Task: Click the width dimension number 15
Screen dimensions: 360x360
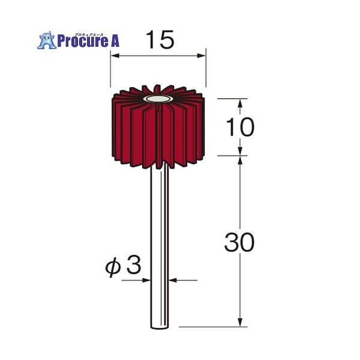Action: tap(159, 40)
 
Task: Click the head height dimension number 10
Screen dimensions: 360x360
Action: tap(241, 127)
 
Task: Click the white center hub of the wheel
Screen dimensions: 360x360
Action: tap(158, 98)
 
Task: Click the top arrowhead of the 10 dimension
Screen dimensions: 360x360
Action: tap(240, 103)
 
